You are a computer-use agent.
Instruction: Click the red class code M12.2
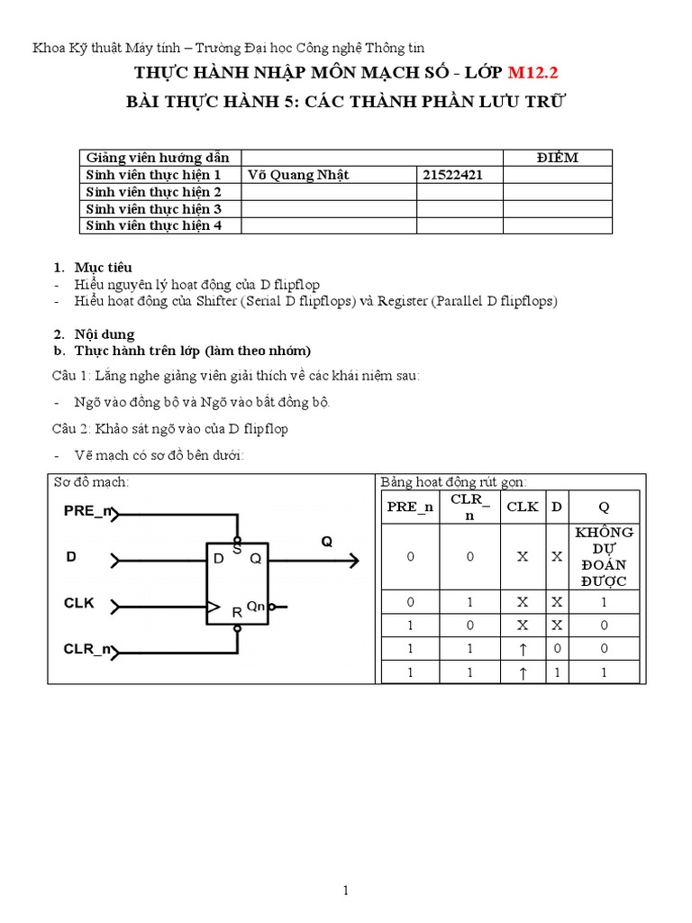tap(538, 73)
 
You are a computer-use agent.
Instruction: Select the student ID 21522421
tap(452, 175)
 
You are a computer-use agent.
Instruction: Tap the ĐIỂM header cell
tap(557, 158)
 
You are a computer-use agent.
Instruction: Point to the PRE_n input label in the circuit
tap(88, 511)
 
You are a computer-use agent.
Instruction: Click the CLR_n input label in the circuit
tap(88, 648)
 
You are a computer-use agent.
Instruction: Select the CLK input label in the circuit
tap(78, 602)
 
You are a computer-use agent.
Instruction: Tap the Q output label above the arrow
tap(327, 542)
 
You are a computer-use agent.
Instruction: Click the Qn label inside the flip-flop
tap(256, 606)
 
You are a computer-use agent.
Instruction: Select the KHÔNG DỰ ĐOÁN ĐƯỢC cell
tap(604, 556)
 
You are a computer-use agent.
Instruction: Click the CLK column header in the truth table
tap(522, 507)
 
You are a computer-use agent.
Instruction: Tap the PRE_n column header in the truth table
tap(410, 507)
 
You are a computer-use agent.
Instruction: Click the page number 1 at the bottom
tap(346, 891)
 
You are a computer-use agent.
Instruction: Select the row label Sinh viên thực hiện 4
tap(153, 225)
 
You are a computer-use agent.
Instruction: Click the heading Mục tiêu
tap(103, 267)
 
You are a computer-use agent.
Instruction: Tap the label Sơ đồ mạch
tap(90, 482)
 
